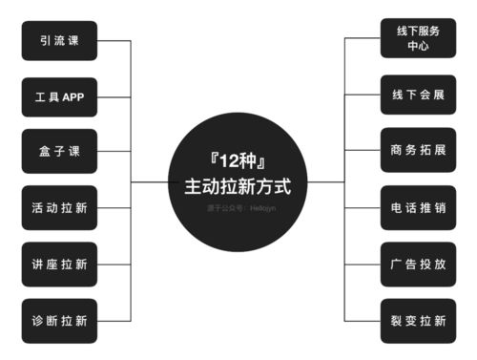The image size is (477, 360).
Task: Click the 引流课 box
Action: [x=59, y=41]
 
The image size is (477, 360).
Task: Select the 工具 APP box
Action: [x=59, y=97]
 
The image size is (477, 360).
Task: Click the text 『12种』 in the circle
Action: [x=238, y=162]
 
